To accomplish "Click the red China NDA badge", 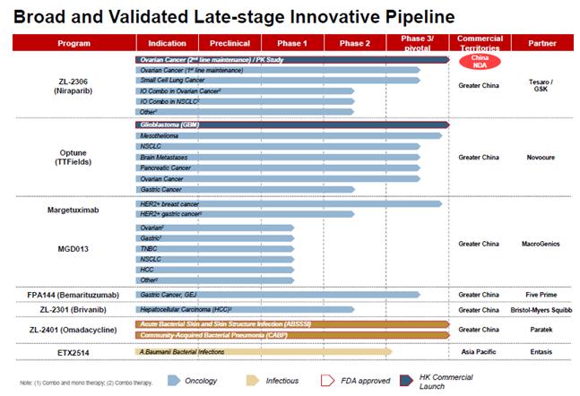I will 479,61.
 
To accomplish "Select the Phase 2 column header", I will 355,43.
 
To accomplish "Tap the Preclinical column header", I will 229,43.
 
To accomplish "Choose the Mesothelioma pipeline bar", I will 287,135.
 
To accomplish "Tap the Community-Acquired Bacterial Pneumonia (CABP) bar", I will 291,333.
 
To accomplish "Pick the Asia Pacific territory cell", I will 479,351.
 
